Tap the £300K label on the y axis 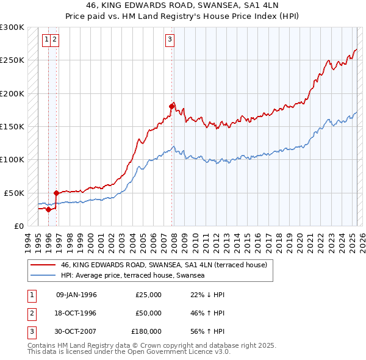tap(12, 27)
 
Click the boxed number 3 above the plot tap(170, 40)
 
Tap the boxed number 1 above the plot tap(46, 40)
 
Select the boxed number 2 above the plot tap(55, 40)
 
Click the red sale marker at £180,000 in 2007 tap(172, 106)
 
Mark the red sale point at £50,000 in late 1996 tap(56, 193)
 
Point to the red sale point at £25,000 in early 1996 tap(48, 209)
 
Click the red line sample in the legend tap(43, 265)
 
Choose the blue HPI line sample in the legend tap(43, 276)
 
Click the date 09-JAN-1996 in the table tap(76, 295)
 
